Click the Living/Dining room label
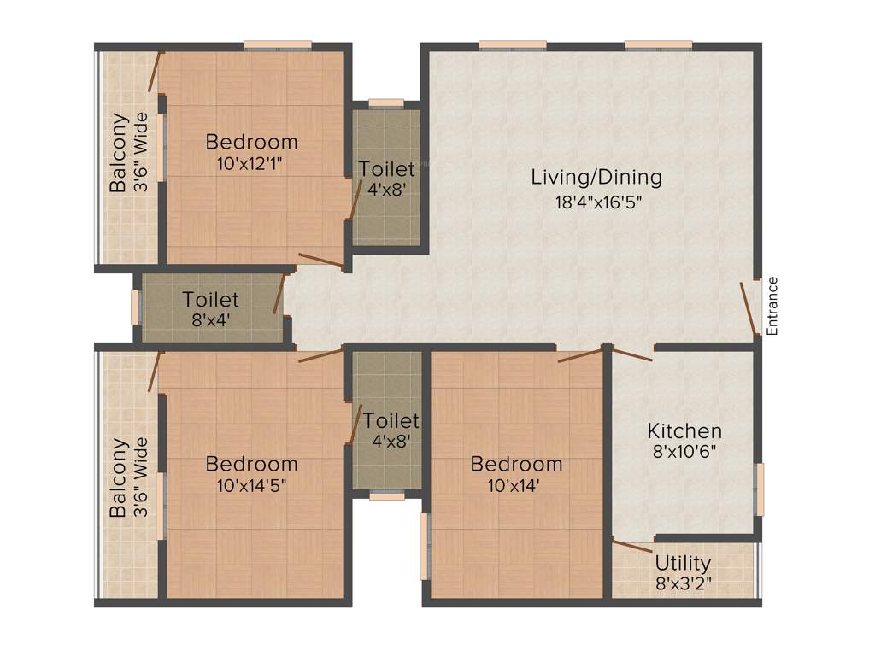click(596, 178)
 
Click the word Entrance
click(772, 305)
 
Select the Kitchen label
click(684, 430)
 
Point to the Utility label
click(683, 564)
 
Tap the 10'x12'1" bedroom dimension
click(251, 165)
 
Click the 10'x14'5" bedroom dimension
click(251, 488)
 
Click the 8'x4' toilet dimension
click(210, 323)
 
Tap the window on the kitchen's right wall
click(760, 489)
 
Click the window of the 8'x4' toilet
click(135, 307)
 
